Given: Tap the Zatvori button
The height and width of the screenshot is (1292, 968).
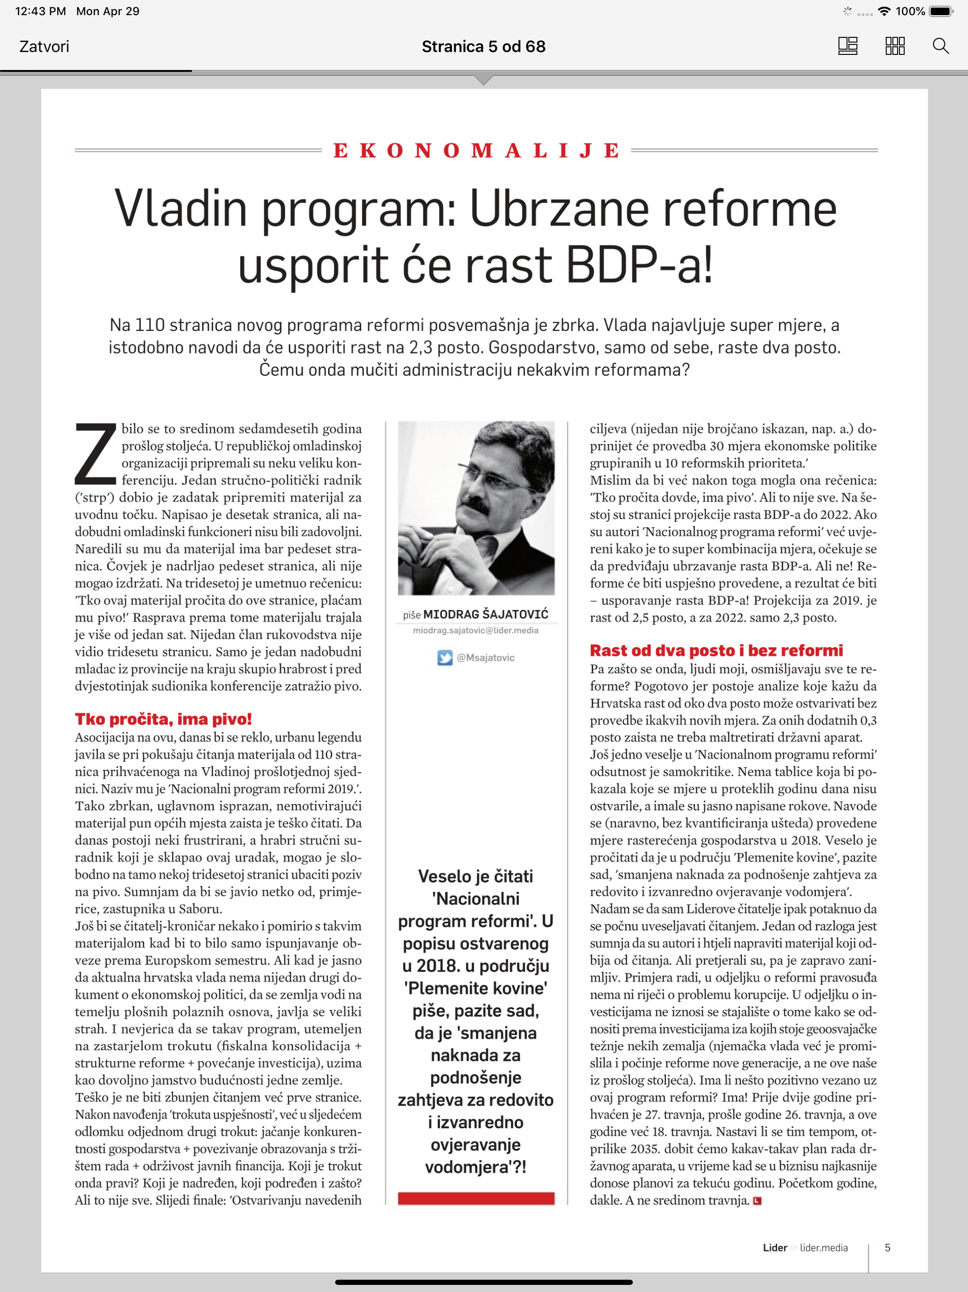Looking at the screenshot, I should pos(44,47).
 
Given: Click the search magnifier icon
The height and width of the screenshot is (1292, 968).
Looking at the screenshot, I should pos(941,46).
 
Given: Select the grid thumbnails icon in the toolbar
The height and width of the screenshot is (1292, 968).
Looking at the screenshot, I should pos(894,46).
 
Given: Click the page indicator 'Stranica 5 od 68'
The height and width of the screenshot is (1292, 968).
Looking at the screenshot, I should pos(484,47).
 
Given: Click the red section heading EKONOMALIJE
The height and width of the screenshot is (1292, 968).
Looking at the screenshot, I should pos(476,151).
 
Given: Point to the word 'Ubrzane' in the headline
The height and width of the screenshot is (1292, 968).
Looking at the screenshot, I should pos(559,209).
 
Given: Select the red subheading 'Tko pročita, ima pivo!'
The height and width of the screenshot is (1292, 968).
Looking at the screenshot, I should pos(163,719).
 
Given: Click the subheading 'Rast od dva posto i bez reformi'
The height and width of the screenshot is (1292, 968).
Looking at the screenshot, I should pos(716,651).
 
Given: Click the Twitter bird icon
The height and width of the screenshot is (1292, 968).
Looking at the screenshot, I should pos(445,658).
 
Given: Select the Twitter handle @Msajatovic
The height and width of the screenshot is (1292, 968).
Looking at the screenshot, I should pos(486,658).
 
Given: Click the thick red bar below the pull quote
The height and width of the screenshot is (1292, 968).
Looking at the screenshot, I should pos(476,1198).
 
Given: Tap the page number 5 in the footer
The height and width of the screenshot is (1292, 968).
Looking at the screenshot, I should pos(888,1248).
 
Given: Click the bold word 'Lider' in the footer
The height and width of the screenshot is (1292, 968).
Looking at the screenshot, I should pos(775,1248).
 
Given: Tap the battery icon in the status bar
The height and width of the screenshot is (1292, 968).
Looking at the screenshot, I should pos(940,11).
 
